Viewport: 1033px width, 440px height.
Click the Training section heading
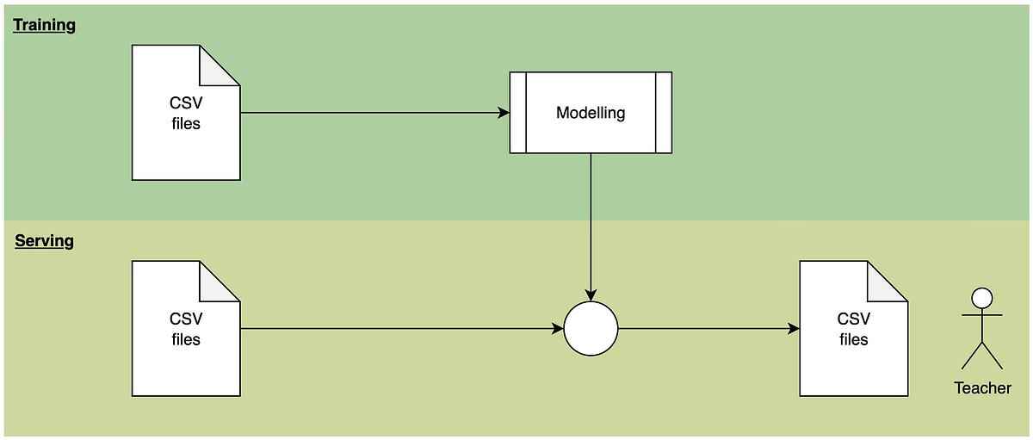pyautogui.click(x=45, y=25)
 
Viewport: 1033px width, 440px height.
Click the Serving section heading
pyautogui.click(x=44, y=241)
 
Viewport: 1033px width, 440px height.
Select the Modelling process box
pyautogui.click(x=590, y=113)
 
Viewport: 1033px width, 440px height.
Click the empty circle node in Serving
pyautogui.click(x=591, y=329)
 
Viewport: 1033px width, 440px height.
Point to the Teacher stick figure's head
pyautogui.click(x=981, y=298)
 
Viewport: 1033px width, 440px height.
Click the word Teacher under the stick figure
pyautogui.click(x=982, y=388)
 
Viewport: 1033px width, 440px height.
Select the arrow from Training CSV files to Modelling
pyautogui.click(x=370, y=113)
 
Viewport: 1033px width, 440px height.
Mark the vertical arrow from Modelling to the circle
pyautogui.click(x=591, y=224)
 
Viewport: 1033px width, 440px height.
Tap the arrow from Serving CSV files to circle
pyautogui.click(x=396, y=329)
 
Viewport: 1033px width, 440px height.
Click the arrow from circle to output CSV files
pyautogui.click(x=706, y=329)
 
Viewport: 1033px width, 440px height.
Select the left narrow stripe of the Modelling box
pyautogui.click(x=517, y=113)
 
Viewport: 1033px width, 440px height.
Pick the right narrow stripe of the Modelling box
pyautogui.click(x=664, y=113)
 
